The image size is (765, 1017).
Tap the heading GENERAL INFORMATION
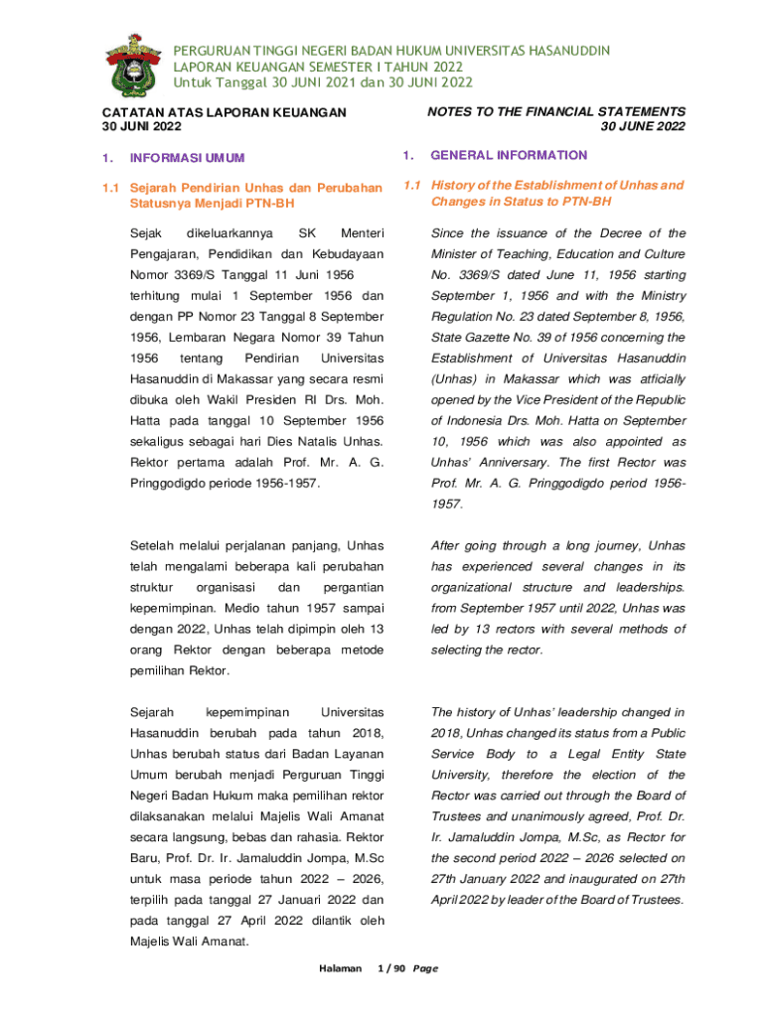509,156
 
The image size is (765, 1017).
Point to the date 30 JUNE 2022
643,127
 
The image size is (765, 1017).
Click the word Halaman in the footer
340,968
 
